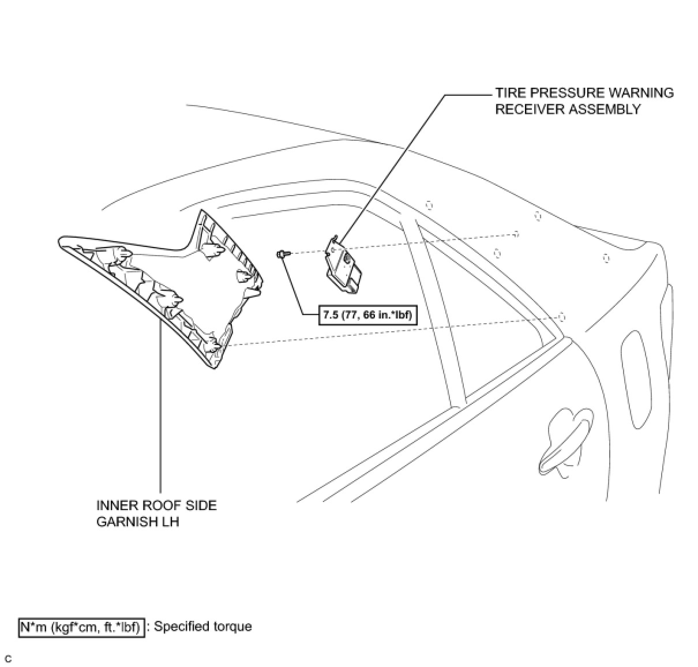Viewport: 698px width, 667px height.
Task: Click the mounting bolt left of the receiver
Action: point(283,253)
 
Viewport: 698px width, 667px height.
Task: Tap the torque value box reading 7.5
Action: point(367,315)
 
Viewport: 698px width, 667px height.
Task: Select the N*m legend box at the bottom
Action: point(81,627)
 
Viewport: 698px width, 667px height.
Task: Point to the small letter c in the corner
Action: point(8,658)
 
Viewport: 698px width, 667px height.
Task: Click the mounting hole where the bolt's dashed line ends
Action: point(516,234)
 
